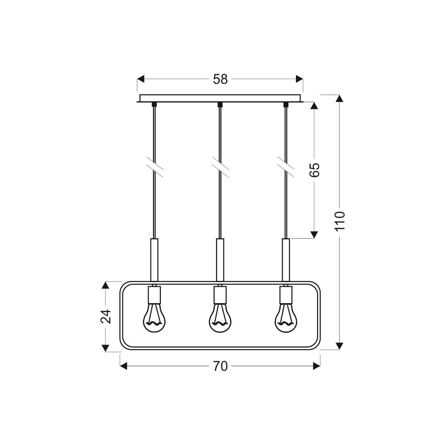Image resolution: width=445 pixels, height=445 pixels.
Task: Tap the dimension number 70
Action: click(220, 366)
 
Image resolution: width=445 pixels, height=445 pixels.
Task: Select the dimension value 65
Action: click(314, 169)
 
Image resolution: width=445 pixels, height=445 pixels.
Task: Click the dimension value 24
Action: click(106, 316)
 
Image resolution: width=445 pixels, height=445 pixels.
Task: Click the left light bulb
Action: click(154, 318)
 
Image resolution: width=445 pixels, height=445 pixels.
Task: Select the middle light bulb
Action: click(220, 318)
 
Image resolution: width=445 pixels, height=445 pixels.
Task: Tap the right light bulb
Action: click(286, 318)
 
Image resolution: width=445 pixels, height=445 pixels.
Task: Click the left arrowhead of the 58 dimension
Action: click(141, 79)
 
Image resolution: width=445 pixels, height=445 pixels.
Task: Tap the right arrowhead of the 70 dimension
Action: click(316, 366)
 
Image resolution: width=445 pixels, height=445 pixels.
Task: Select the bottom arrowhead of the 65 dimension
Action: click(314, 234)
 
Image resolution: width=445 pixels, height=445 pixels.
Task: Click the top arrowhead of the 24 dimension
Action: click(106, 285)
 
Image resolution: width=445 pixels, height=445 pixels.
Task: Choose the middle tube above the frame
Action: click(220, 260)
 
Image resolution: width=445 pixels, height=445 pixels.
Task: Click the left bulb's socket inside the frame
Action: click(154, 295)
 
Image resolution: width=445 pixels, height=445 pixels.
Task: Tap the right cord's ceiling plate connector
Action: click(286, 105)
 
